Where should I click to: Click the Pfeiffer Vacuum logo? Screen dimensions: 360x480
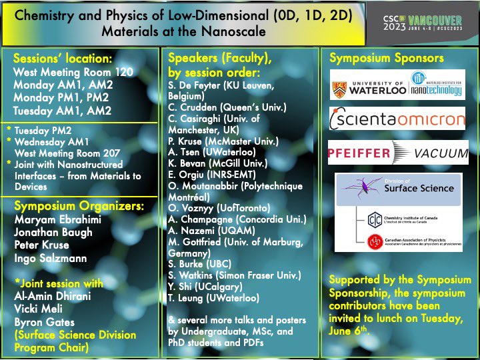point(398,153)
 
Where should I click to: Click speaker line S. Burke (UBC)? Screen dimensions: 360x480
point(201,265)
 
